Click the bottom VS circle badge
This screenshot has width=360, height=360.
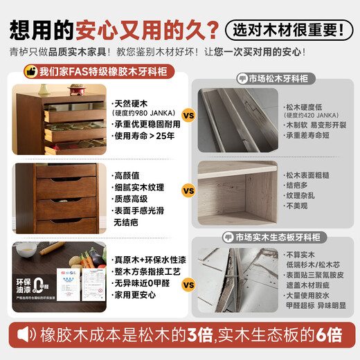187,284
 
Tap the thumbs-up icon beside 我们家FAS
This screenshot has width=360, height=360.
30,71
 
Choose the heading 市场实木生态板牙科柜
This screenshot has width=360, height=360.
281,236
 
